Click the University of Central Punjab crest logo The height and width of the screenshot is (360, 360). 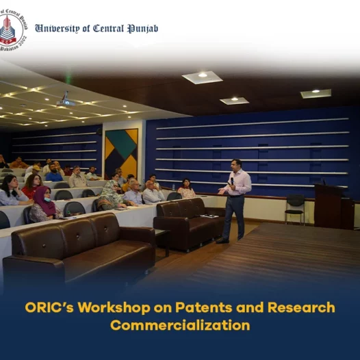(12, 30)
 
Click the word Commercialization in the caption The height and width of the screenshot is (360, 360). (180, 325)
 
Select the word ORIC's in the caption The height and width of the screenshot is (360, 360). (49, 307)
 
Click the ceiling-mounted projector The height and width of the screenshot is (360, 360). (66, 102)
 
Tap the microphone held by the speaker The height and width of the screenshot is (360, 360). (232, 181)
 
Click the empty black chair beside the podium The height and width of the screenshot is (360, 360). (295, 209)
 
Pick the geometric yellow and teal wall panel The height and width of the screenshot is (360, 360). (121, 153)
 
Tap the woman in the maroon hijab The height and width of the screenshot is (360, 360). (44, 204)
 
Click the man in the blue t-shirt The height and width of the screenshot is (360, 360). (53, 172)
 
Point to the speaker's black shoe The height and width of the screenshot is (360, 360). (222, 240)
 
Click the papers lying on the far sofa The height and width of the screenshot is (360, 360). (209, 216)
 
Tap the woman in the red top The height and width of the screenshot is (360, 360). (32, 185)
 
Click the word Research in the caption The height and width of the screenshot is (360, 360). (301, 307)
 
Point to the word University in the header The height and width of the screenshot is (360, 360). (57, 29)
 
